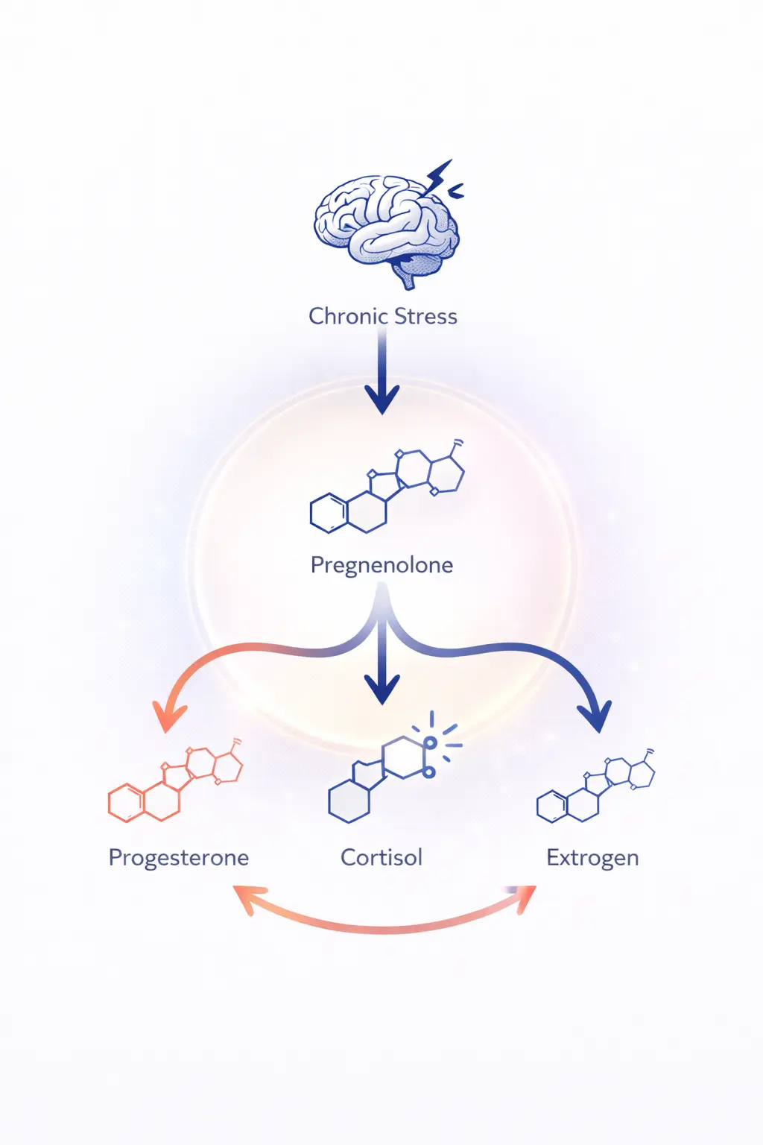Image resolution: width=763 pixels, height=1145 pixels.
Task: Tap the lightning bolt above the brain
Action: tap(439, 177)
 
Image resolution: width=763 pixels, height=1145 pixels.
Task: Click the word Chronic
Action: tap(347, 316)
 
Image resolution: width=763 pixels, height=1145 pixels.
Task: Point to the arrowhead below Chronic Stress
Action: tap(382, 399)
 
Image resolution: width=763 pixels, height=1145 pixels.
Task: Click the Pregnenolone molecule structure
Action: tap(387, 488)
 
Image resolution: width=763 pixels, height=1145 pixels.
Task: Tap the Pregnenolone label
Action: tap(381, 565)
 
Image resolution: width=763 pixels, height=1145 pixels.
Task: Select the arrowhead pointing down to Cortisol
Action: tap(382, 689)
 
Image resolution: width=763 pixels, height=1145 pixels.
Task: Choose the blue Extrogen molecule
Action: tap(596, 786)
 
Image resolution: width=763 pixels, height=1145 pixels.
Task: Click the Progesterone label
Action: tap(179, 857)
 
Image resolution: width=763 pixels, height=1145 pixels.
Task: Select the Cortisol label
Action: tap(381, 857)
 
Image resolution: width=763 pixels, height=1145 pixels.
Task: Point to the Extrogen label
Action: tap(592, 857)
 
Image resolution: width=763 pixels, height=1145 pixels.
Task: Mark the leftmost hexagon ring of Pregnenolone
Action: tap(329, 513)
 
